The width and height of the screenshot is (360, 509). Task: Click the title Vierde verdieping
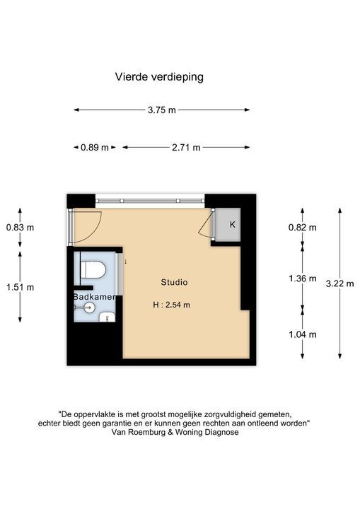(x=159, y=77)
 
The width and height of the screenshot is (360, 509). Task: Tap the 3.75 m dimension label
(x=161, y=110)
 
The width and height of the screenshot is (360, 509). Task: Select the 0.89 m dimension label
(x=95, y=147)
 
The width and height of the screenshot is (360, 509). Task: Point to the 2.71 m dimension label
(x=186, y=147)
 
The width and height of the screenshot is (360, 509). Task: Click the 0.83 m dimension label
(x=20, y=227)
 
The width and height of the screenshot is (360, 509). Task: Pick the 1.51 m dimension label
(x=20, y=287)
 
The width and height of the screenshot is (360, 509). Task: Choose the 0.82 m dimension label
(x=302, y=227)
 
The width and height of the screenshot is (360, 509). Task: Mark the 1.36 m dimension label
(x=302, y=279)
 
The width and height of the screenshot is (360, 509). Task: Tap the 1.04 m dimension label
(x=302, y=334)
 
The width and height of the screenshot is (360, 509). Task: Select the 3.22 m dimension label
(x=340, y=283)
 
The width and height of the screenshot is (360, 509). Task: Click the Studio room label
(x=174, y=282)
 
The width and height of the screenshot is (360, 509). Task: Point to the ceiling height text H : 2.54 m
(x=172, y=305)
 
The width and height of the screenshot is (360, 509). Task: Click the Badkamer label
(x=94, y=297)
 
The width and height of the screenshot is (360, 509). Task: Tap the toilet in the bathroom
(x=93, y=270)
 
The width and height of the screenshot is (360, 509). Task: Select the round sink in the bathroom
(x=89, y=307)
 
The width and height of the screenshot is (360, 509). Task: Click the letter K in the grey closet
(x=232, y=224)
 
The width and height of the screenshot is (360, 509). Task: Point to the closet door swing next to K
(x=204, y=226)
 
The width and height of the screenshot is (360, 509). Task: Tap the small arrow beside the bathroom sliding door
(x=125, y=261)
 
